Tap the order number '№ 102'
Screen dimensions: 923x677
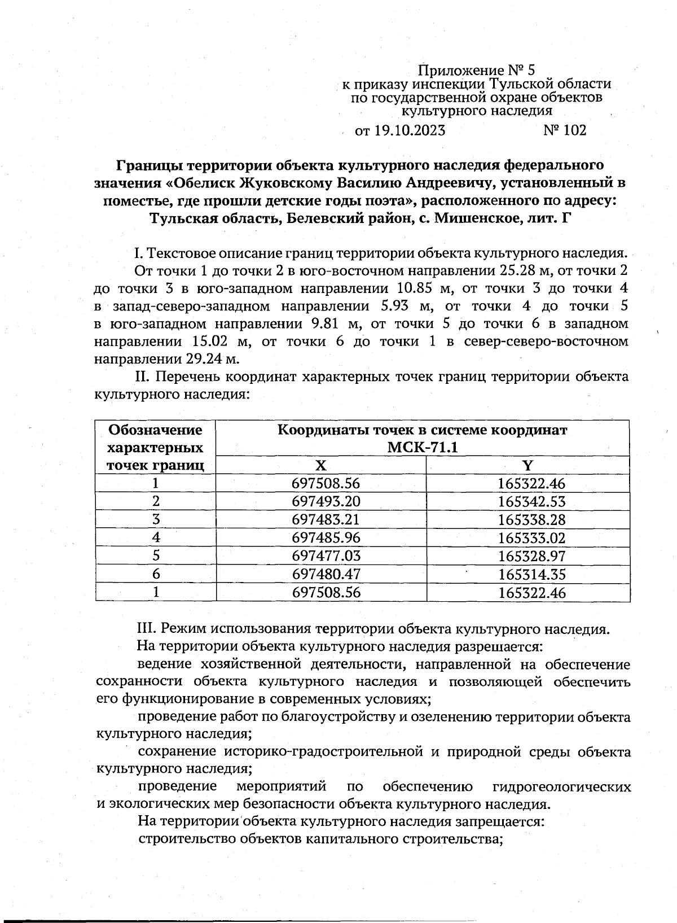(565, 131)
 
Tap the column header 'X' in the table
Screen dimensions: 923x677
(320, 466)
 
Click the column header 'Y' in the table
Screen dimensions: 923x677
(527, 466)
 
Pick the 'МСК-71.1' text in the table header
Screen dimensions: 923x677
(422, 448)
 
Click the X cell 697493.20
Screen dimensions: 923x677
(326, 502)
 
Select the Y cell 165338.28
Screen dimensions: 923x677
(531, 520)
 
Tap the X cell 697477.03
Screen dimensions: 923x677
(326, 556)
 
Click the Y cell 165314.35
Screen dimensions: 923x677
(531, 575)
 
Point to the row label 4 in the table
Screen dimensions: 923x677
(156, 538)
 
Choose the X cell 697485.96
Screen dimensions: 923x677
(326, 538)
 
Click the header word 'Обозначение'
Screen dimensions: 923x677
(155, 430)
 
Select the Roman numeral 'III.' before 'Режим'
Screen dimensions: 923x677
(148, 629)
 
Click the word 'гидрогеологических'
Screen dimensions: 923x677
(561, 787)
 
